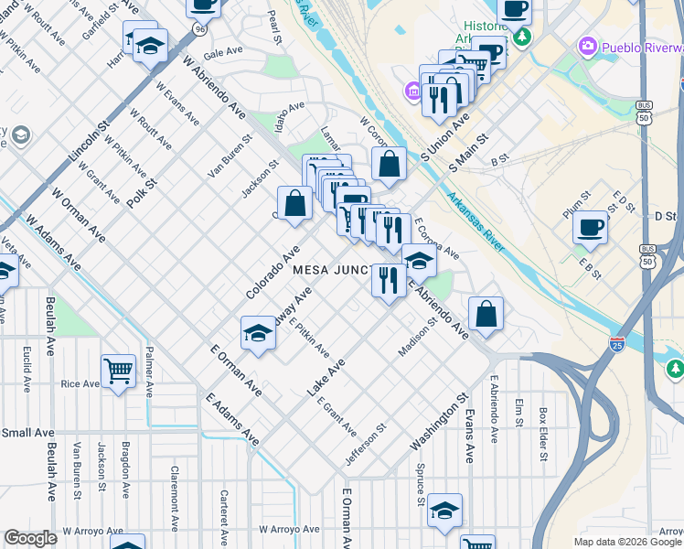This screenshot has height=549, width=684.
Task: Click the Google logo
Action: point(30,538)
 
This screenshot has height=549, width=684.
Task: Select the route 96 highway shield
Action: point(199,29)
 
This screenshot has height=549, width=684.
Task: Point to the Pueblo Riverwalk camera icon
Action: point(586,45)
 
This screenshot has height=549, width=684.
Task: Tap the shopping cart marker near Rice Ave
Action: point(118,371)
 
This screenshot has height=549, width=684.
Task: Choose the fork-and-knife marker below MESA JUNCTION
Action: point(389,280)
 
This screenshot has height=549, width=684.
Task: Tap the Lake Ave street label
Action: point(326,377)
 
